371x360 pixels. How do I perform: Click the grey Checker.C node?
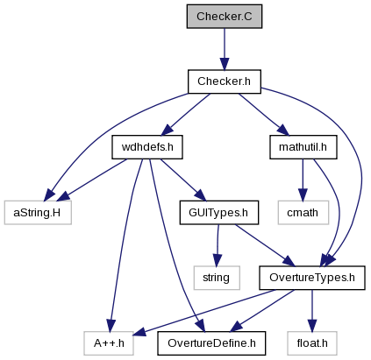point(225,17)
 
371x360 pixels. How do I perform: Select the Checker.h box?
point(225,81)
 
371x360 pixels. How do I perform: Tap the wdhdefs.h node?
point(147,147)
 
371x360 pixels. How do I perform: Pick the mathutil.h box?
point(303,147)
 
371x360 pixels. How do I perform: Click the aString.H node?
point(38,213)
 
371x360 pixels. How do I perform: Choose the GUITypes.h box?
point(219,213)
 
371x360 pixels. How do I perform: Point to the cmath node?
point(303,213)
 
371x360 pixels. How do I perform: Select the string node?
point(217,278)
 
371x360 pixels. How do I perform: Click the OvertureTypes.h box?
point(312,278)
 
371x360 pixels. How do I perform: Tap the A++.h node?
point(109,343)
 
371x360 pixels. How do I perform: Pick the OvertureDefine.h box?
point(211,343)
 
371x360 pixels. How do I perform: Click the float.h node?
point(312,343)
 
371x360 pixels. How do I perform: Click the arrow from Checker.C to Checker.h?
point(225,49)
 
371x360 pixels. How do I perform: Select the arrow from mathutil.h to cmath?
point(303,180)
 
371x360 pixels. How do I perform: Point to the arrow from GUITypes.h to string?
point(218,245)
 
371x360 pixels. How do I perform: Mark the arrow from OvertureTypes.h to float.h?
point(312,311)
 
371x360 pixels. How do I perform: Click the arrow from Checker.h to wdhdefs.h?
point(186,115)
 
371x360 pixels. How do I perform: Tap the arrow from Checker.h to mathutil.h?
point(264,115)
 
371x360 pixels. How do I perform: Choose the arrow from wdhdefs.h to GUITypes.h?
point(183,180)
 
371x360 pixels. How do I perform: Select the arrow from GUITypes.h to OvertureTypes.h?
point(266,245)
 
